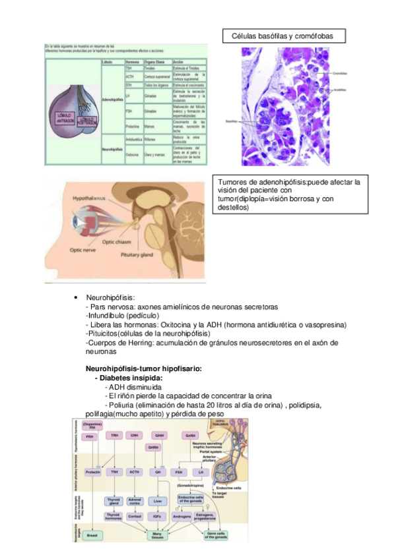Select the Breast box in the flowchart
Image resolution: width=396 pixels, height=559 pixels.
point(92,536)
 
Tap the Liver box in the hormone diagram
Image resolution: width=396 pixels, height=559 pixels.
point(158,501)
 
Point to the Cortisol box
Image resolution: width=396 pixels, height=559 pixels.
point(135,516)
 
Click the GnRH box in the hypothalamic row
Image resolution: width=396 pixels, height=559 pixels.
point(190,435)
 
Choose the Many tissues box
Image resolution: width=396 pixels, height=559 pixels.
point(157,536)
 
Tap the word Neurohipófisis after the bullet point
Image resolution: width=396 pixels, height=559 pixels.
point(110,298)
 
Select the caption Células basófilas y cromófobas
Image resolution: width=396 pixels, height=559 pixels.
point(284,36)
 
